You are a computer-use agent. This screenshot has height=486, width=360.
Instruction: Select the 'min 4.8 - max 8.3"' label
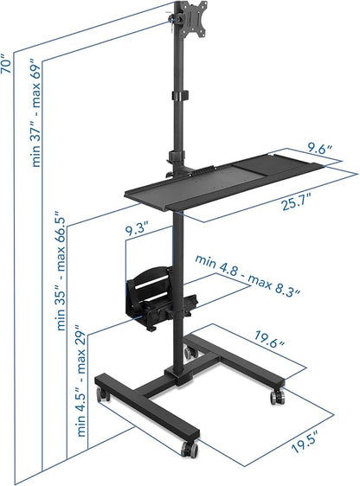(x=247, y=274)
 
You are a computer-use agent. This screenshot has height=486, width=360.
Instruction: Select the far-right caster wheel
(x=277, y=397)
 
